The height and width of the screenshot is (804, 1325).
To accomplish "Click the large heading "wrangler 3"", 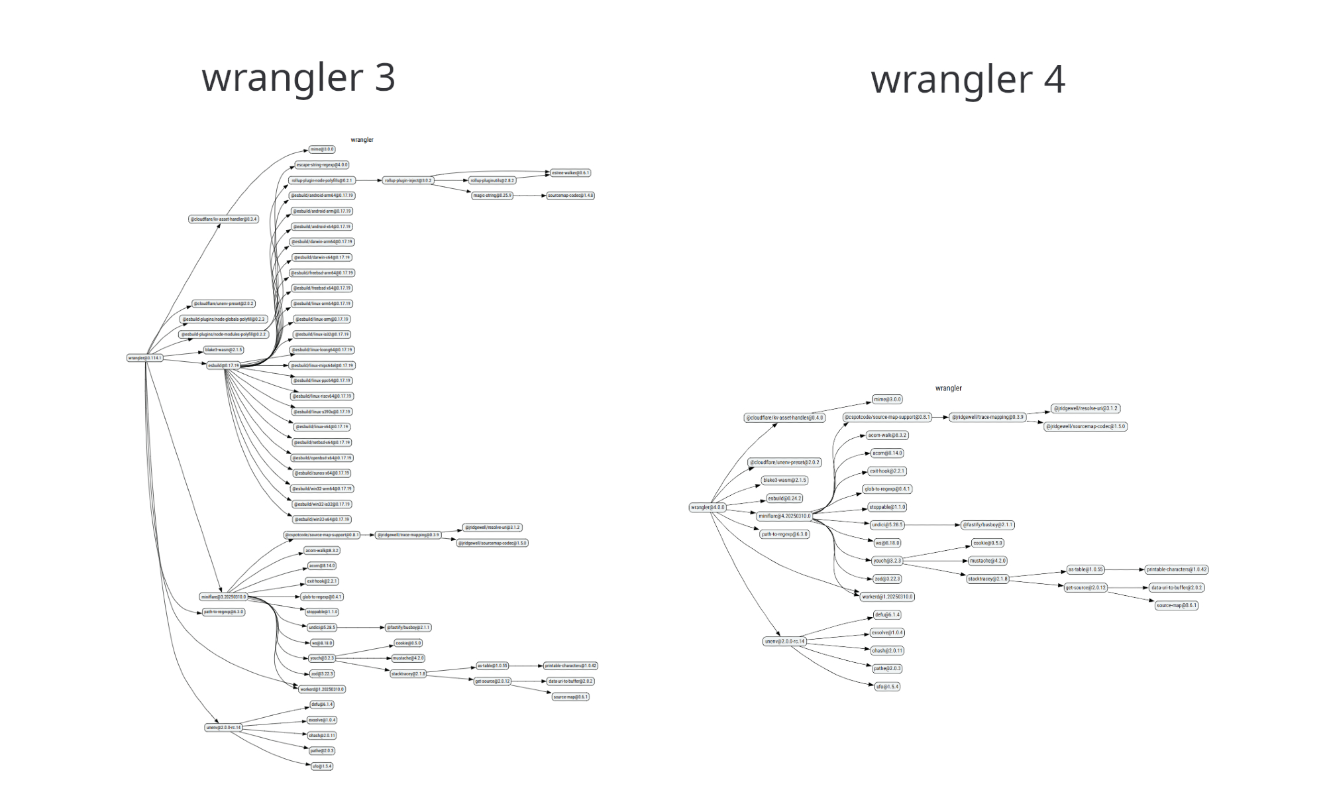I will pyautogui.click(x=298, y=78).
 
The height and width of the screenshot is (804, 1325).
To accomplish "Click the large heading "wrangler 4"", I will pyautogui.click(x=967, y=80).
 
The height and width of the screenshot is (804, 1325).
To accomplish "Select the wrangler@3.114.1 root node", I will pyautogui.click(x=145, y=358).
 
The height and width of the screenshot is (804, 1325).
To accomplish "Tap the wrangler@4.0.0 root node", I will pyautogui.click(x=708, y=508).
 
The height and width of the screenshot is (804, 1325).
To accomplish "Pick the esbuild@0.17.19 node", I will pyautogui.click(x=223, y=365).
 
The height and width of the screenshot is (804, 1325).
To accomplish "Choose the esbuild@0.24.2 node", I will pyautogui.click(x=784, y=498).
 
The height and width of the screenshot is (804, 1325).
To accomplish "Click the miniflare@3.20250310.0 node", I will pyautogui.click(x=223, y=597).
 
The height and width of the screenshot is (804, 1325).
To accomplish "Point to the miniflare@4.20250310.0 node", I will pyautogui.click(x=784, y=516).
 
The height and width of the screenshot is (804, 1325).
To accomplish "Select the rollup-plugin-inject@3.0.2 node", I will pyautogui.click(x=408, y=180).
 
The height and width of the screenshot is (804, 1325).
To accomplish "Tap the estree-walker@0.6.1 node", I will pyautogui.click(x=570, y=173).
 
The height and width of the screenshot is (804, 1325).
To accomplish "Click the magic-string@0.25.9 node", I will pyautogui.click(x=492, y=196).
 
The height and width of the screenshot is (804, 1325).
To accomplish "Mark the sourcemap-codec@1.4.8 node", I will pyautogui.click(x=570, y=196).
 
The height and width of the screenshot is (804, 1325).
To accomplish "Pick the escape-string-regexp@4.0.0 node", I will pyautogui.click(x=322, y=165).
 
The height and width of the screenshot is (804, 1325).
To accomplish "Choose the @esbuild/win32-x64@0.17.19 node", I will pyautogui.click(x=322, y=520).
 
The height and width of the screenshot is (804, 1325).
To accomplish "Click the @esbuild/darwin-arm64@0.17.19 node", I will pyautogui.click(x=322, y=242).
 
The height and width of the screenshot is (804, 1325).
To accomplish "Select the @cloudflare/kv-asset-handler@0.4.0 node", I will pyautogui.click(x=784, y=418).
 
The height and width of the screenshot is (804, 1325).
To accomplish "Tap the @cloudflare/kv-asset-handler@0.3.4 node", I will pyautogui.click(x=223, y=219).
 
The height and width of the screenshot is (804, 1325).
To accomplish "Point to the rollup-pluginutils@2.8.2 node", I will pyautogui.click(x=492, y=180).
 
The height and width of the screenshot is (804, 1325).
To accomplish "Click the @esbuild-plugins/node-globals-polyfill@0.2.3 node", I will pyautogui.click(x=223, y=319).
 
